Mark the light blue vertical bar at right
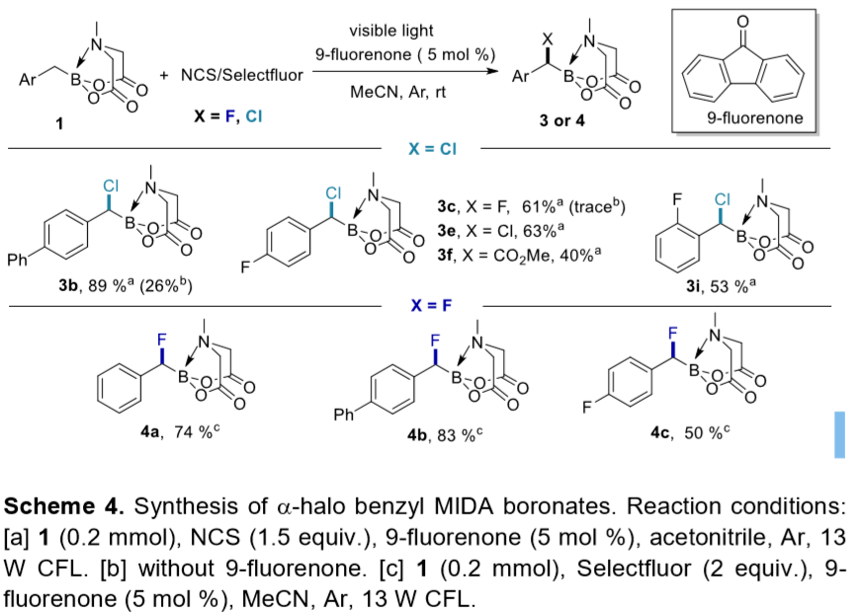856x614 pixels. [840, 435]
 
